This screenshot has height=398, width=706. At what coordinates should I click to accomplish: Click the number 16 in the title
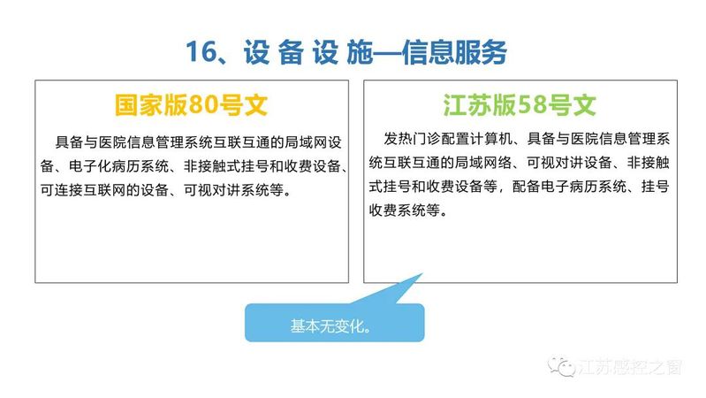(x=201, y=51)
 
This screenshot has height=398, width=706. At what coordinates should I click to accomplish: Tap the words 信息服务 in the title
(x=454, y=52)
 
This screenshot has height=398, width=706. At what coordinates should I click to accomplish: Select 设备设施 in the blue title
(x=308, y=52)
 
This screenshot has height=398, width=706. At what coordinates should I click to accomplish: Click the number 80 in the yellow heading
(x=202, y=104)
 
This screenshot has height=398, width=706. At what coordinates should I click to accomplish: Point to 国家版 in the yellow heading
(x=151, y=104)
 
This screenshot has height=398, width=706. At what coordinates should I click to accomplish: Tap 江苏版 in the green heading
(x=480, y=104)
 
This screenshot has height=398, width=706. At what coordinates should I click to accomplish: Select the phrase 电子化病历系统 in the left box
(x=118, y=166)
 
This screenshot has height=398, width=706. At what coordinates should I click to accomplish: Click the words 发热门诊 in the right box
(x=412, y=139)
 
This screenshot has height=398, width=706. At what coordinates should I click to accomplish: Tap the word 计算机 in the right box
(x=490, y=139)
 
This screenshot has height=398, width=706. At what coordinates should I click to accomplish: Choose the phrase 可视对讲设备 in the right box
(x=569, y=163)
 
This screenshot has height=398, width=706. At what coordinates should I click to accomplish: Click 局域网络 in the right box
(x=483, y=163)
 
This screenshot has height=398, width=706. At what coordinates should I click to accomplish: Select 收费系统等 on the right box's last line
(x=405, y=210)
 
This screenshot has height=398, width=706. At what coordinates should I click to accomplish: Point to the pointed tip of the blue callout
(x=422, y=273)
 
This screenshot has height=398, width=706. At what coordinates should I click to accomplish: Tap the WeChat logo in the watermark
(x=561, y=366)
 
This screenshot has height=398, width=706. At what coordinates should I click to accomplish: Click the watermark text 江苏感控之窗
(x=629, y=367)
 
